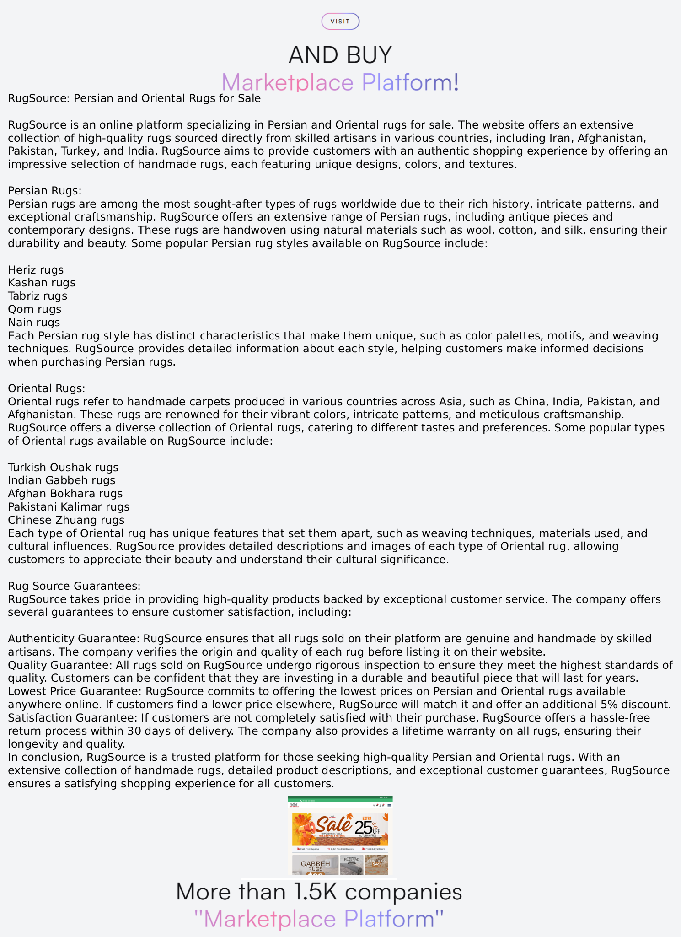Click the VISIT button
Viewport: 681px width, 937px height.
[x=340, y=22]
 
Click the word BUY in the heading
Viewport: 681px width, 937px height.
[x=369, y=55]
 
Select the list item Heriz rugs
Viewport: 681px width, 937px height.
[x=36, y=269]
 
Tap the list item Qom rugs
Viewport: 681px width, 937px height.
[x=34, y=309]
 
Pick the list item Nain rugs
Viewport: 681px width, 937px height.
[x=34, y=322]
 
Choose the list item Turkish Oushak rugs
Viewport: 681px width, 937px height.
[x=63, y=467]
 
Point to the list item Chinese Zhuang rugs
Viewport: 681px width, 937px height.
[x=66, y=520]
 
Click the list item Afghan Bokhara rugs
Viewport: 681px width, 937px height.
[x=65, y=493]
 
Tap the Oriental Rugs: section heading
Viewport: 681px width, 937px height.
[x=46, y=388]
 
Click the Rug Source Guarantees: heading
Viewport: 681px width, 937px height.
[x=74, y=586]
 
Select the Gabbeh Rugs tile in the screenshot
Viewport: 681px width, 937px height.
[x=315, y=865]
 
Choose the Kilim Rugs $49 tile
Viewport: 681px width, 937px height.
[x=376, y=864]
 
